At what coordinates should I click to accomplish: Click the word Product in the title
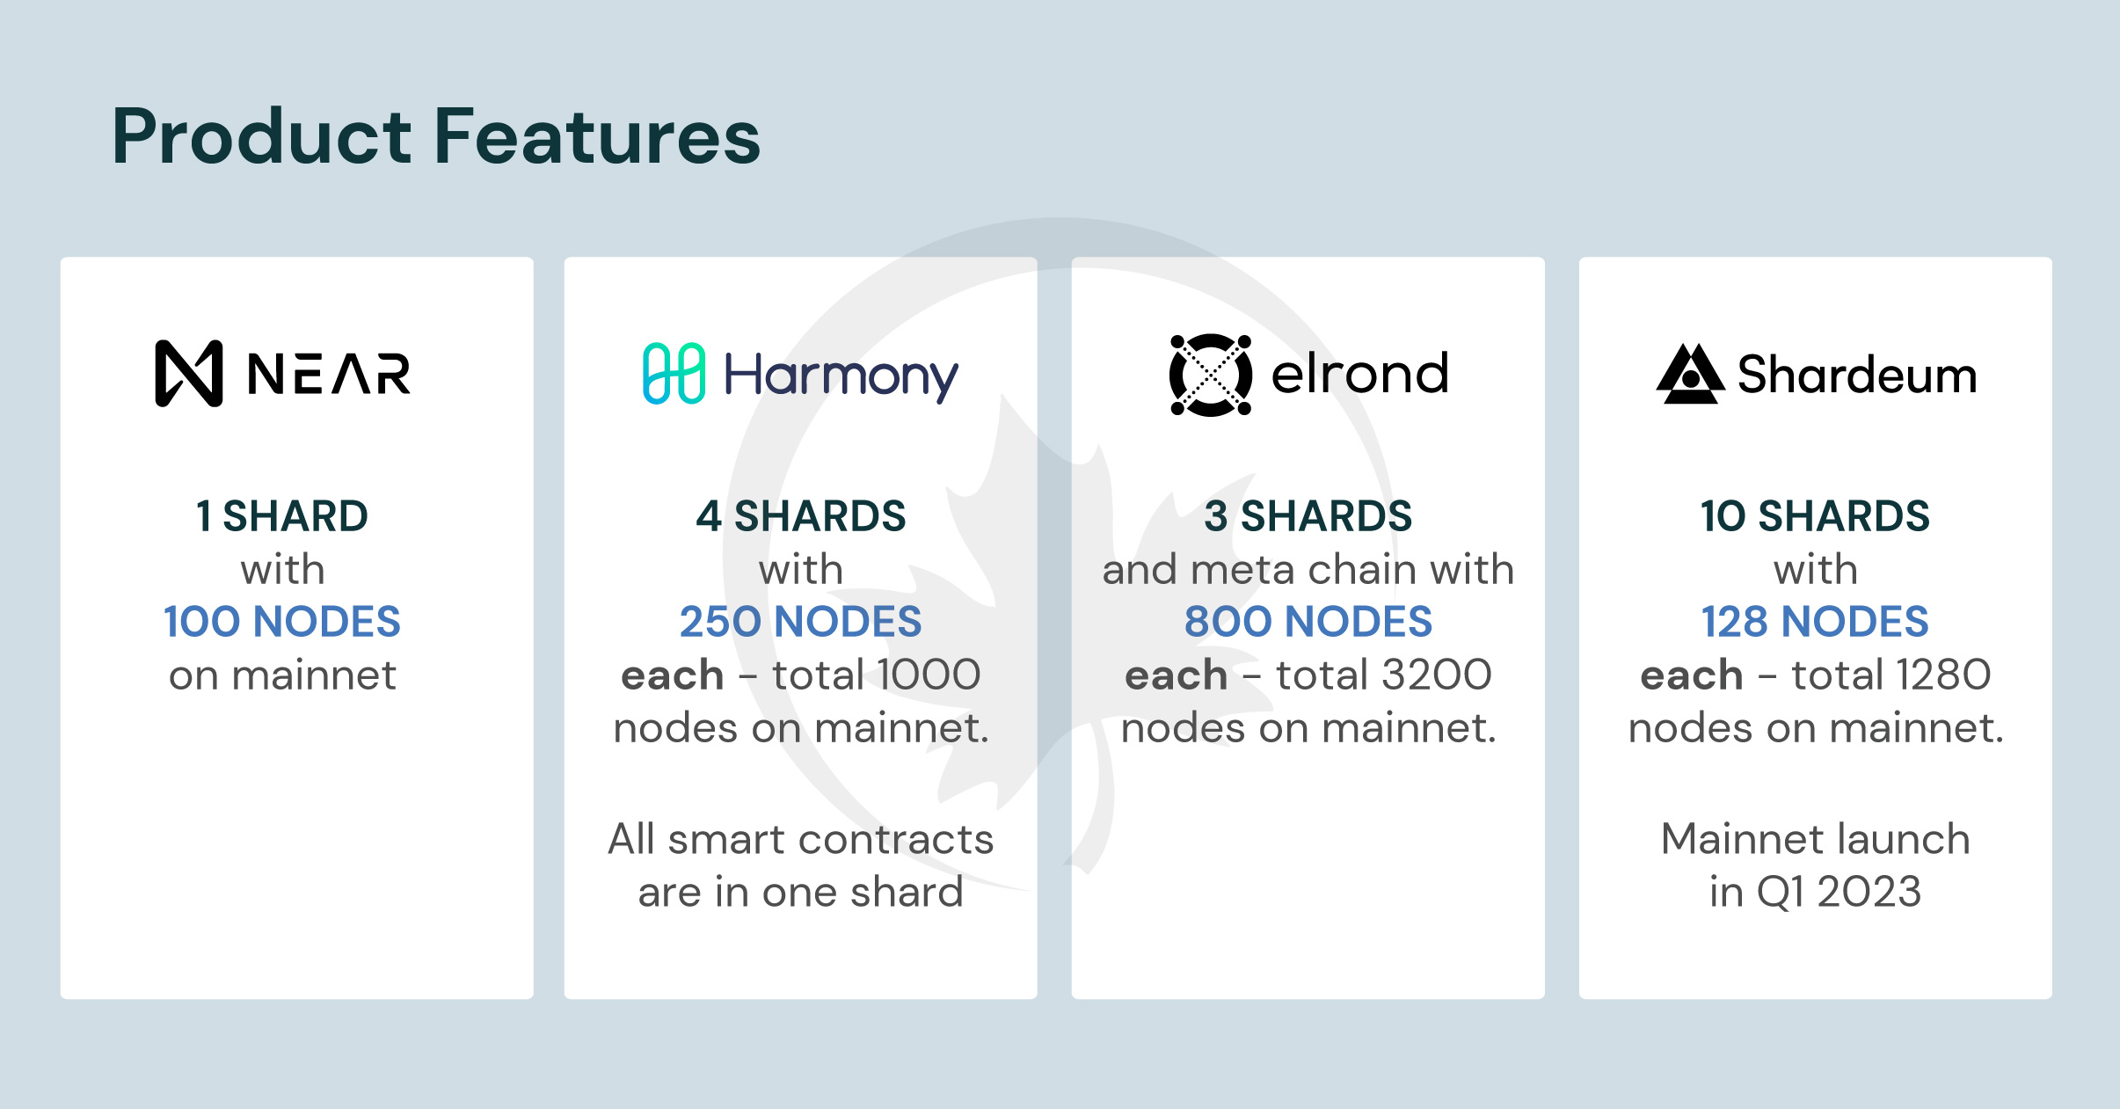[x=262, y=137]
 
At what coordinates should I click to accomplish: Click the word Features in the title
[x=597, y=137]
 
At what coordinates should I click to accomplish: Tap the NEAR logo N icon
[x=188, y=374]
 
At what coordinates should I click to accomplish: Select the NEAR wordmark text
[x=329, y=374]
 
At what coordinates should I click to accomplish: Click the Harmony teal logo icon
[x=674, y=374]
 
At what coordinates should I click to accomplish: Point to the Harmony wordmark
[x=840, y=376]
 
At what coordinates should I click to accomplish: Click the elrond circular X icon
[x=1210, y=375]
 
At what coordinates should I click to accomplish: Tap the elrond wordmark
[x=1359, y=374]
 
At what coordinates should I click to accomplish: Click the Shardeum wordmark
[x=1857, y=376]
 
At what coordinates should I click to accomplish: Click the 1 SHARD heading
[x=282, y=516]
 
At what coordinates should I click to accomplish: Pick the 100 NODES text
[x=282, y=622]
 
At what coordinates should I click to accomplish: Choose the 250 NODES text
[x=800, y=622]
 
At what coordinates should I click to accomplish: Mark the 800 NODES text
[x=1308, y=622]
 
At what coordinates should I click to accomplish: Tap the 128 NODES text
[x=1815, y=622]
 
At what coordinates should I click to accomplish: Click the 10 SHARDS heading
[x=1815, y=516]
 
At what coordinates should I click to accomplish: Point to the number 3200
[x=1428, y=675]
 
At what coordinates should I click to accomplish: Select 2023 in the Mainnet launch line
[x=1869, y=892]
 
